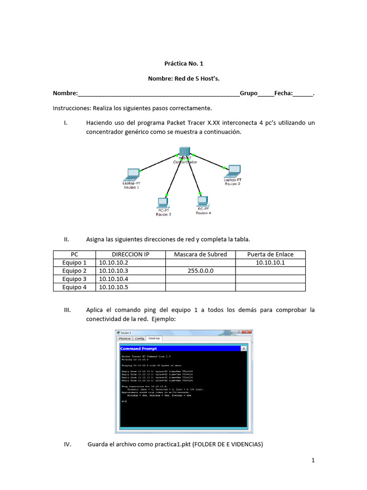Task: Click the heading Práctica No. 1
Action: point(184,63)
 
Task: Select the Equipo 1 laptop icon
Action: point(132,174)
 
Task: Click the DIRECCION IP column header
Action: point(130,254)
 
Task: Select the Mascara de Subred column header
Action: point(200,254)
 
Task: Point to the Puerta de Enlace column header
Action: point(270,254)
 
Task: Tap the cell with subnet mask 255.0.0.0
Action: point(200,271)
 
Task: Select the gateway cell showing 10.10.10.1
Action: point(270,263)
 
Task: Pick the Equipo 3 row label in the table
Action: point(75,279)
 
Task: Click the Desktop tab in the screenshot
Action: point(155,338)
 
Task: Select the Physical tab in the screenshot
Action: point(124,338)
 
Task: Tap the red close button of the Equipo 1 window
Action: point(247,332)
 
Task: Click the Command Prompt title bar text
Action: point(139,349)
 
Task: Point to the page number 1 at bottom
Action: point(313,461)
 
